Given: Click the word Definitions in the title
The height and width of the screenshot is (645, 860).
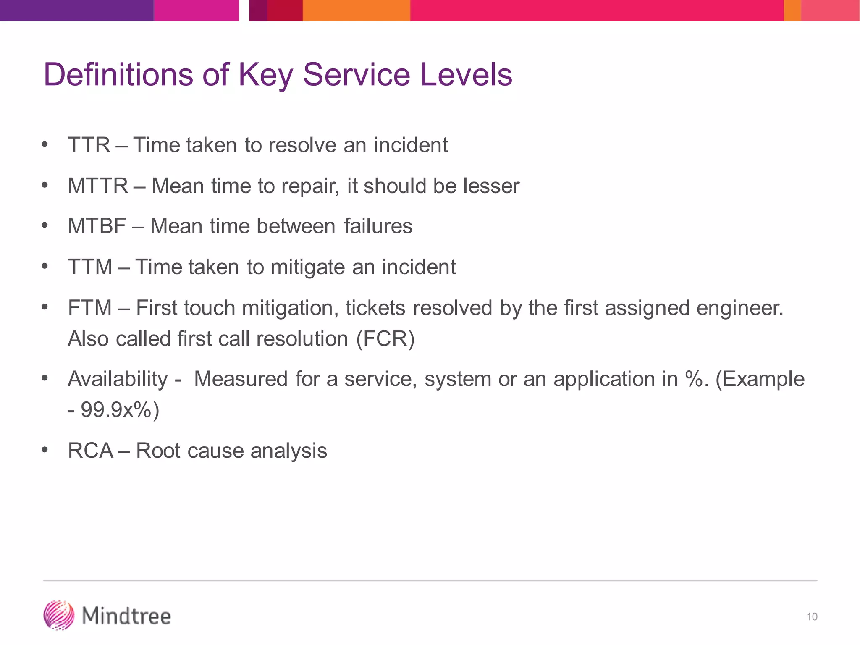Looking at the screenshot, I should click(118, 75).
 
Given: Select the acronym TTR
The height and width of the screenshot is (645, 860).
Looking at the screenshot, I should click(89, 145).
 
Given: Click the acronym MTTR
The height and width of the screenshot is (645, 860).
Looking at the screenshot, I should click(98, 186).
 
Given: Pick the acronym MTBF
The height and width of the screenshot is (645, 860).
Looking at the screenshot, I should click(97, 226).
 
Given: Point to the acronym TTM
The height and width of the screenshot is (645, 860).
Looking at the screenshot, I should click(90, 267).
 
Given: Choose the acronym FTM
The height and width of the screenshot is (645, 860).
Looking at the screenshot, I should click(90, 308).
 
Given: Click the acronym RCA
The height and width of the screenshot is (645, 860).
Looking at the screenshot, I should click(91, 451).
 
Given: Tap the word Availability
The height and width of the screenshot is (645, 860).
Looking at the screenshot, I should click(118, 379).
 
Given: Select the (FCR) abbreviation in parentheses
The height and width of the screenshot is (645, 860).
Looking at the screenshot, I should click(385, 339).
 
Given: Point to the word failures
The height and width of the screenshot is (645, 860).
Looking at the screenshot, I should click(378, 226).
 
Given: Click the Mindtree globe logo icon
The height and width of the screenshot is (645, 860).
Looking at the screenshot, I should click(59, 615).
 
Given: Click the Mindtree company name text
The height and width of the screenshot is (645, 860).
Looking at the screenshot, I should click(126, 616).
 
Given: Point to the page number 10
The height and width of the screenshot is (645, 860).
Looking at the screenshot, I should click(812, 617).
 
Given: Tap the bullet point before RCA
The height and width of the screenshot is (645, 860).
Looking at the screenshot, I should click(45, 450).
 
